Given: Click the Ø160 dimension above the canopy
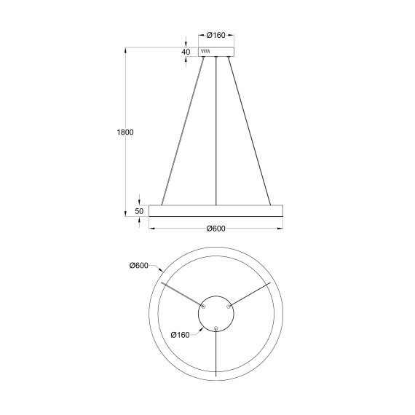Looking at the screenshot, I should tap(216, 35).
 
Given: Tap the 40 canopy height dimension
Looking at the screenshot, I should tap(186, 52).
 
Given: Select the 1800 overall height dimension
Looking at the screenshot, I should tap(125, 133).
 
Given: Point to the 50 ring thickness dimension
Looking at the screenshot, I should tap(138, 211).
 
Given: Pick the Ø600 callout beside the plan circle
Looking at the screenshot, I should tap(138, 265).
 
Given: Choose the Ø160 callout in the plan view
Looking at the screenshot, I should tap(181, 334).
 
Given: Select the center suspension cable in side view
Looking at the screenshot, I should tap(216, 131).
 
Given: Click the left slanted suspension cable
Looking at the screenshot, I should tap(183, 131).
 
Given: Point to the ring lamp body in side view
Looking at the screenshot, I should tap(216, 210).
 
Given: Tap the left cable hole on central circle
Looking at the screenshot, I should tap(203, 307).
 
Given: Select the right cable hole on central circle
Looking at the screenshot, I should tap(229, 307).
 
